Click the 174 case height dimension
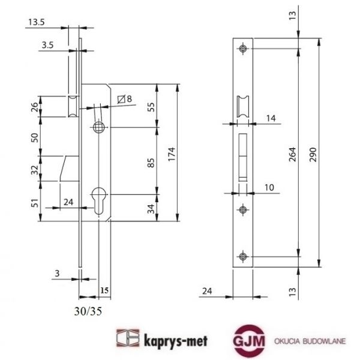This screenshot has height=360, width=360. (172, 153)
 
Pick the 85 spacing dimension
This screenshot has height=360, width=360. (151, 162)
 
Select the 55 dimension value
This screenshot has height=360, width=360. (151, 107)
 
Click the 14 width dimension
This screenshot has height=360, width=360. (271, 119)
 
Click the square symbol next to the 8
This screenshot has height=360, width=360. (122, 99)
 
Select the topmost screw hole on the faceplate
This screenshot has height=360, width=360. (242, 48)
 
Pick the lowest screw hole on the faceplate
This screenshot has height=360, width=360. (242, 257)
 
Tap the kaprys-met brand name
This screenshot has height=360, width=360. (170, 340)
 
